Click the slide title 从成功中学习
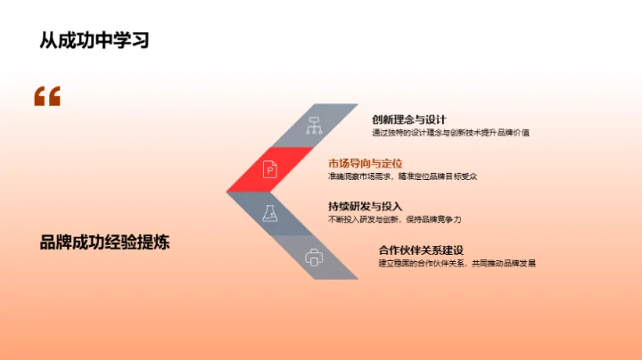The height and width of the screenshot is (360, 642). coord(94,40)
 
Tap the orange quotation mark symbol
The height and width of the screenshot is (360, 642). coord(46,96)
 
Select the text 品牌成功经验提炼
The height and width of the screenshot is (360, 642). coord(104,241)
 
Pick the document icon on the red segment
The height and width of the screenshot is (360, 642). coord(269,168)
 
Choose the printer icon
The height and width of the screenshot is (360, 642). coord(313,257)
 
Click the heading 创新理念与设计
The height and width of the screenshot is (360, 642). coord(409,119)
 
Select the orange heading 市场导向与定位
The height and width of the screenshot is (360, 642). coord(366,163)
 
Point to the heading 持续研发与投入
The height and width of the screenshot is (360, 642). coord(366,206)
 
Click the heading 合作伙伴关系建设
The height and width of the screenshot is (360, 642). coord(422,250)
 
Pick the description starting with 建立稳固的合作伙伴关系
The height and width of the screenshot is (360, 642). coord(457,263)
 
